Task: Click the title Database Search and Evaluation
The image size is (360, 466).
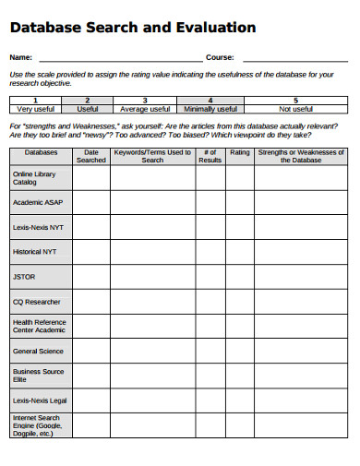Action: coord(133,29)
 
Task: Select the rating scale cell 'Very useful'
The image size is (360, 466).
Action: coord(36,108)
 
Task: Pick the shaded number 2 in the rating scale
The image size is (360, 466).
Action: coord(88,100)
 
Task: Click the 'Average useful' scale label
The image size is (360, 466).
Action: coord(145,108)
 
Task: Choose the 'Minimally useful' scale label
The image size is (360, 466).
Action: coord(210,108)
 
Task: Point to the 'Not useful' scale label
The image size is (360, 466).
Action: coord(295,108)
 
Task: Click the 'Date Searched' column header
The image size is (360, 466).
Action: coord(90,156)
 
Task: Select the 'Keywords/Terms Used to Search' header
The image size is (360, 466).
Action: coord(152,156)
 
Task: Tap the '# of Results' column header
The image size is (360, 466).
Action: coord(210,156)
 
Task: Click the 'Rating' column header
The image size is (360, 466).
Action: coord(239,152)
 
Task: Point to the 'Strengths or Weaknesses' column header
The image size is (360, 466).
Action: coord(301,156)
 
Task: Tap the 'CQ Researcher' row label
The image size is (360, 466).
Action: coord(37,302)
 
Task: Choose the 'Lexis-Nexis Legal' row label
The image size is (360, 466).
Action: coord(39,400)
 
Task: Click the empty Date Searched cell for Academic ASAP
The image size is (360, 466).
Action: coord(90,202)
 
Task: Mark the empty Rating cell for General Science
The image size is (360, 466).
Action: coord(239,351)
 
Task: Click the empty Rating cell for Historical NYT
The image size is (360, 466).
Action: coord(239,251)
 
